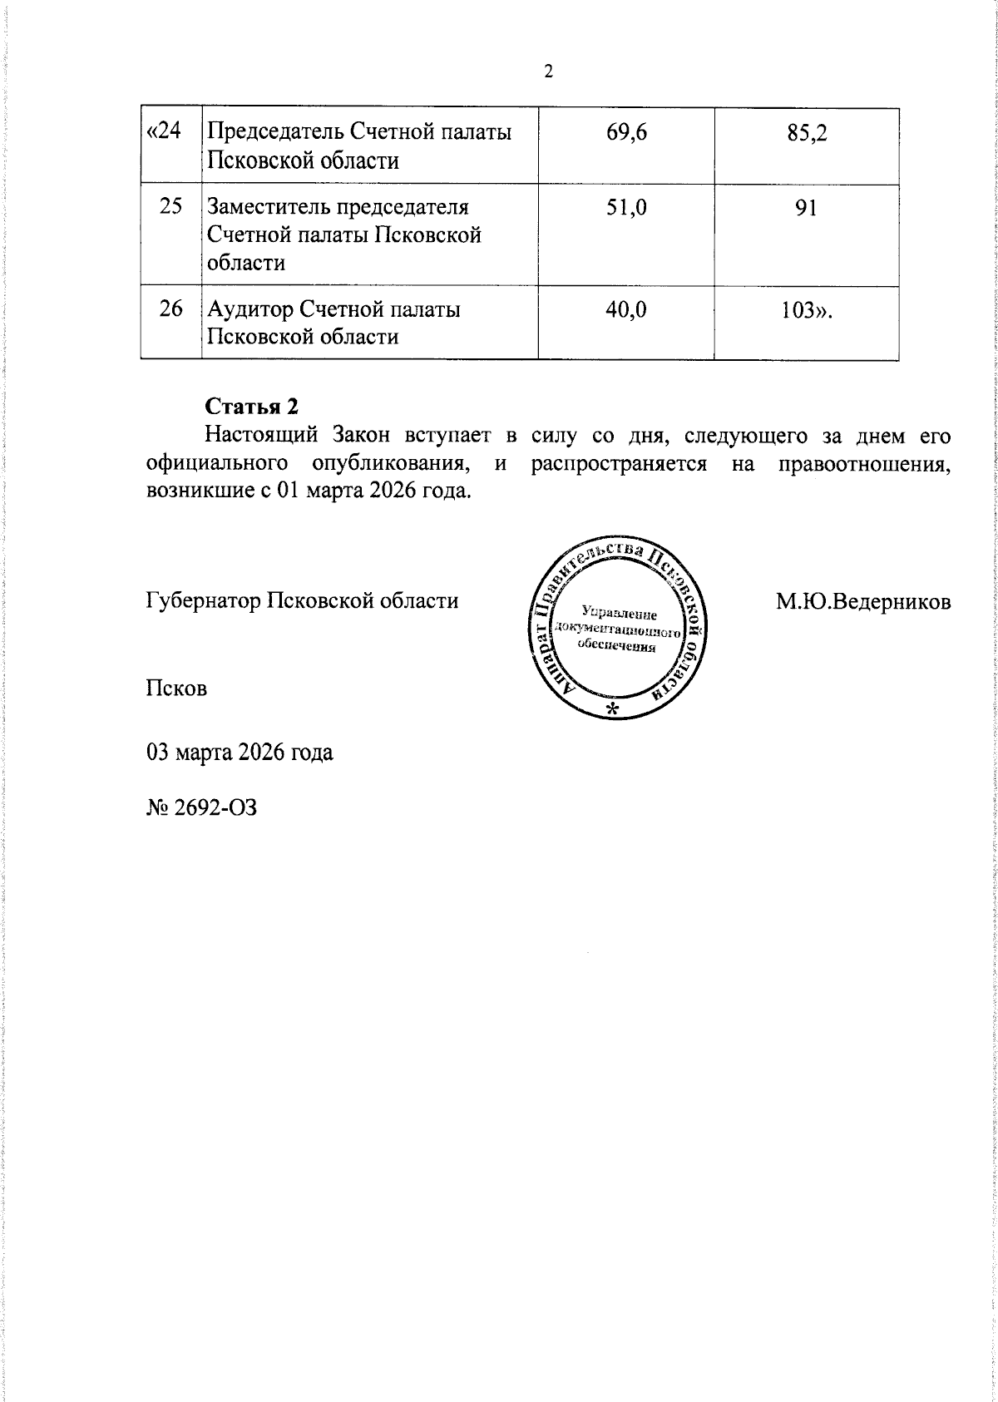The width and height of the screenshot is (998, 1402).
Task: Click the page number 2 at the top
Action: click(548, 72)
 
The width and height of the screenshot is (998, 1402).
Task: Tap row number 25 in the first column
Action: click(170, 206)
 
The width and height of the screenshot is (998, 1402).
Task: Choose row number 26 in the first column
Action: click(170, 309)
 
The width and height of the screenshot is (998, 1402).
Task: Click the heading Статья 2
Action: click(251, 407)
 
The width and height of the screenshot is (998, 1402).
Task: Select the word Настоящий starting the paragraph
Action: click(262, 436)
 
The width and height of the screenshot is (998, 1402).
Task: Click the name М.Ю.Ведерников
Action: click(863, 601)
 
